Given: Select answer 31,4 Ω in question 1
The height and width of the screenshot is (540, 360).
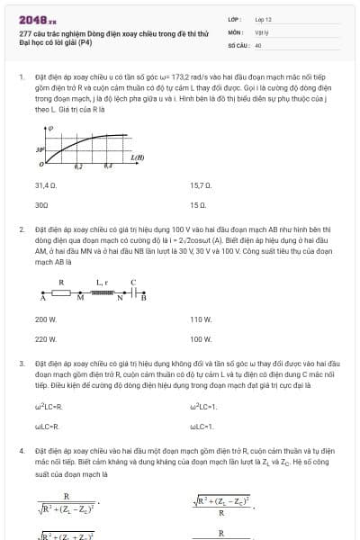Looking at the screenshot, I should pos(46,185).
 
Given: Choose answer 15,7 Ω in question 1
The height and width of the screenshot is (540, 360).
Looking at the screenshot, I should pos(201,185).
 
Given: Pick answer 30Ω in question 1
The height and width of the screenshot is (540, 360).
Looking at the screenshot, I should pos(41,204).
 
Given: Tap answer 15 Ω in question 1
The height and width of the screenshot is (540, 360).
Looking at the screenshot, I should pos(199,204).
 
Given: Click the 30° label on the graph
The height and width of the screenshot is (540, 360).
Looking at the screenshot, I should pos(40,150).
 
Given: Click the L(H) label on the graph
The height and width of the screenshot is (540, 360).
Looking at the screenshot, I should pos(138,158).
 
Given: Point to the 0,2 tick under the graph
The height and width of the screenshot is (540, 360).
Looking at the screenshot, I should pos(78,167).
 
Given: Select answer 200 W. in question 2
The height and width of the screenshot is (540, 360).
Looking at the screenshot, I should pos(46,319).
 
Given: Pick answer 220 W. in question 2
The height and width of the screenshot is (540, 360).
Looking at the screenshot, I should pos(46,339).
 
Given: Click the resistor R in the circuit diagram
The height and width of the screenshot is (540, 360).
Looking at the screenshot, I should pos(61,293).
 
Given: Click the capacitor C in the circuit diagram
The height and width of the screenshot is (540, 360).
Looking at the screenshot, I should pos(133,293).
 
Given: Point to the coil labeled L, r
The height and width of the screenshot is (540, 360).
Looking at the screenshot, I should pos(101,293).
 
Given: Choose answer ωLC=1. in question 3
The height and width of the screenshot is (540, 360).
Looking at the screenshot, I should pos(203,426).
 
